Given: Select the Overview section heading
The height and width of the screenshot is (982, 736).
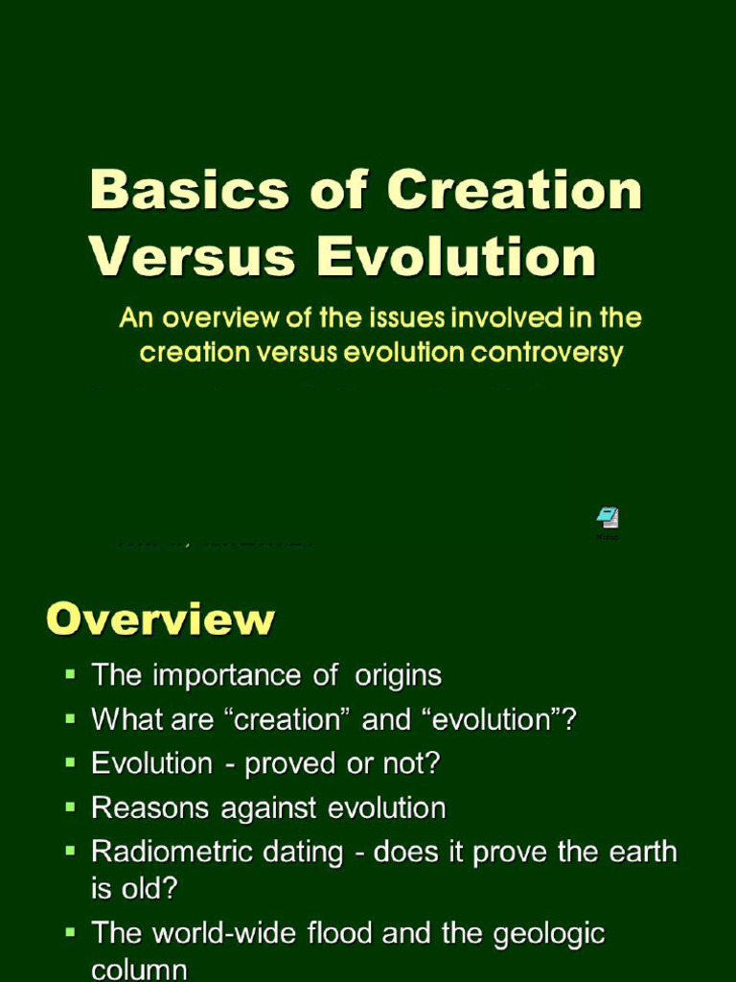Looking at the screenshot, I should [160, 619].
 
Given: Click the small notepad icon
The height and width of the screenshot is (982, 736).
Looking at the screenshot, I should [608, 519].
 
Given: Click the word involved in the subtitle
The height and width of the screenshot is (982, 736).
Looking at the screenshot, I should [487, 318].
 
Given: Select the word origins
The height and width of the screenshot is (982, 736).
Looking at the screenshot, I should [398, 675].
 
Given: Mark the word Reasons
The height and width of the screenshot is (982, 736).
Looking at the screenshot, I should [152, 808].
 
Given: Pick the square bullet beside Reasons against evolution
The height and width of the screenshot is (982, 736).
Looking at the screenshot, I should [70, 807].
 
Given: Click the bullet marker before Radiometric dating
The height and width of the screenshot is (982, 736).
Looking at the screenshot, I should [70, 851].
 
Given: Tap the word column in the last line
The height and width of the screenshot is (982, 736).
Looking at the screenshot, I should [139, 970].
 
